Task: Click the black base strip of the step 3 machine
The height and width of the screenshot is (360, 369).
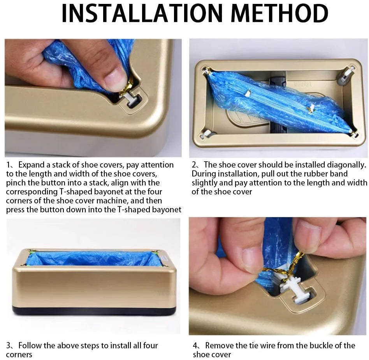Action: point(94,311)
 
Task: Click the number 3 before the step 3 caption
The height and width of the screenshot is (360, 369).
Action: point(9,346)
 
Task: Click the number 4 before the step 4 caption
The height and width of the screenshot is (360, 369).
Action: point(195,346)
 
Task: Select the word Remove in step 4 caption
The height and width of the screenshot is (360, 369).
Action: point(219,346)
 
